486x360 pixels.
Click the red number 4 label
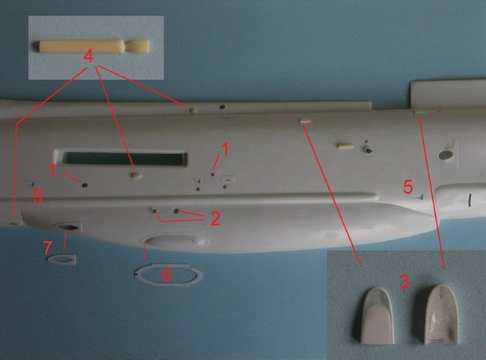click(x=88, y=57)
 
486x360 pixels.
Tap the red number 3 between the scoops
click(x=405, y=281)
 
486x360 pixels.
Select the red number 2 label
click(x=215, y=219)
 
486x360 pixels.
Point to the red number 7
click(x=47, y=248)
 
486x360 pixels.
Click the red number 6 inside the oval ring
click(x=167, y=275)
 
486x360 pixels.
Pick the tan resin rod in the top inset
click(x=92, y=46)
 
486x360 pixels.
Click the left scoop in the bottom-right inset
click(x=378, y=316)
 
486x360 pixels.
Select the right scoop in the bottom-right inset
click(x=441, y=314)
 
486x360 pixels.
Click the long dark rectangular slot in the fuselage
click(x=123, y=158)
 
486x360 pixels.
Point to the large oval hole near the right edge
click(x=446, y=155)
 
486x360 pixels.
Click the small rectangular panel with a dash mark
click(x=228, y=180)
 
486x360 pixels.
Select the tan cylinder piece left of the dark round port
click(x=345, y=146)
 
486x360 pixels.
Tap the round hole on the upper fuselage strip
click(x=222, y=107)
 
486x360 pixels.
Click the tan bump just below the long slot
click(x=136, y=176)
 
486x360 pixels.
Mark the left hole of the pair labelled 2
click(x=154, y=211)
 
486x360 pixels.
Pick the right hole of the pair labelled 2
click(x=176, y=211)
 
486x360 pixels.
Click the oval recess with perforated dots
click(x=175, y=242)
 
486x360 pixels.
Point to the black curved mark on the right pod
click(x=470, y=200)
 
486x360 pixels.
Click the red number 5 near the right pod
click(x=408, y=187)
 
